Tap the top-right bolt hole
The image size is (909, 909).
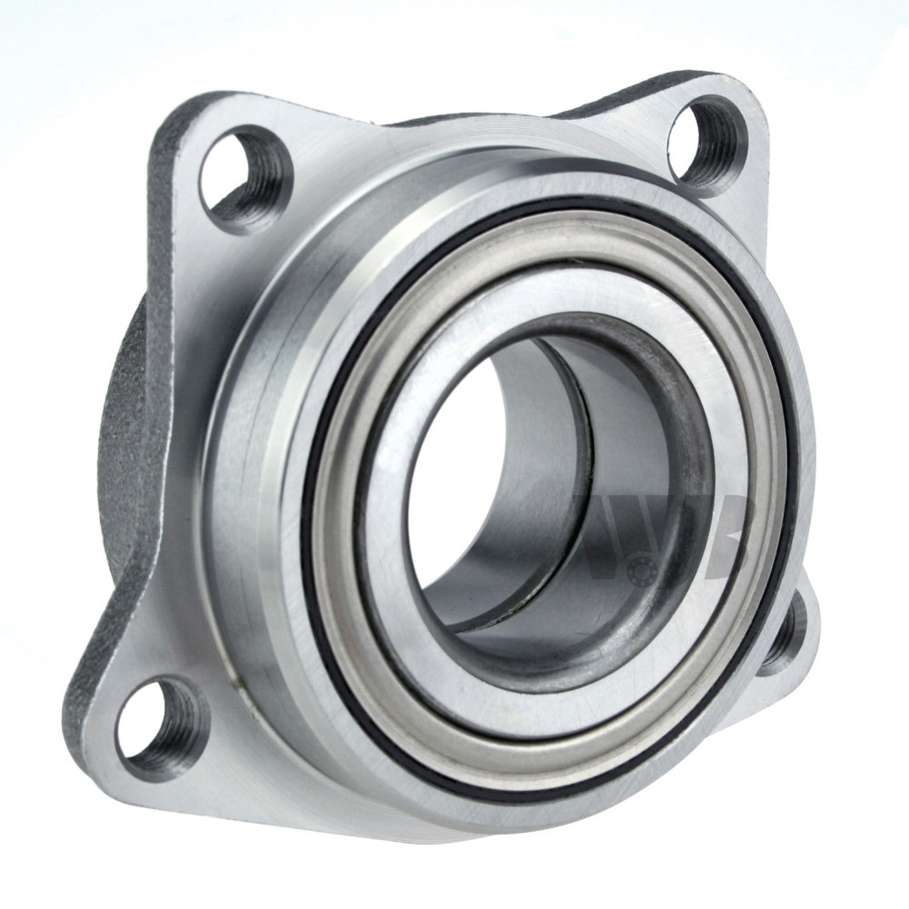click(707, 138)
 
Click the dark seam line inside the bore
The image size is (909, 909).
click(581, 454)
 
